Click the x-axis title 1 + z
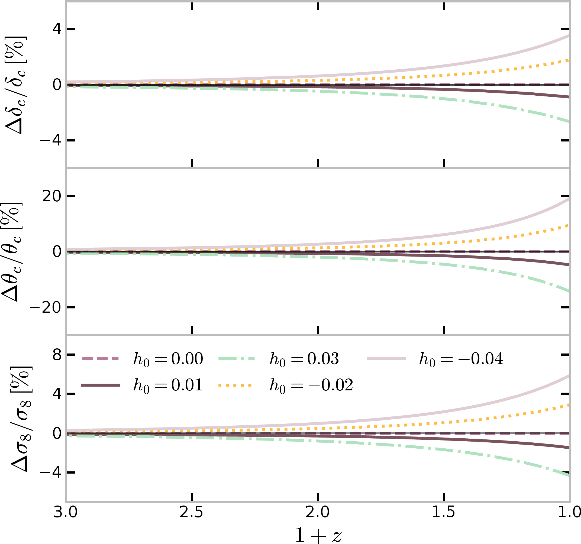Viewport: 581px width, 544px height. click(318, 535)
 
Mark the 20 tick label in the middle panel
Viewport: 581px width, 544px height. click(52, 196)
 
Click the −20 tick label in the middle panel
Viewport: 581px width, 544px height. click(46, 307)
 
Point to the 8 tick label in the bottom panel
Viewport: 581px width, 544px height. click(57, 355)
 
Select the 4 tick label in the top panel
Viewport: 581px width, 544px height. click(57, 29)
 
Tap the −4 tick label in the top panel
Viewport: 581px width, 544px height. click(51, 141)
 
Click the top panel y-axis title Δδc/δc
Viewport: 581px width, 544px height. click(16, 85)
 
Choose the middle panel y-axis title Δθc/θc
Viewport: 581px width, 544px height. click(12, 252)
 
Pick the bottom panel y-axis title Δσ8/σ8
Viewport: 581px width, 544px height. click(21, 419)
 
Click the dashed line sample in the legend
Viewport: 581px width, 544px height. click(100, 359)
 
